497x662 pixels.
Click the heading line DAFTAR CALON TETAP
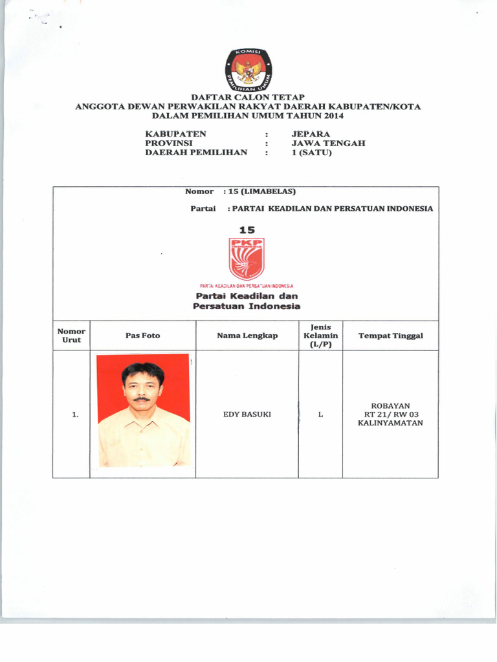click(248, 97)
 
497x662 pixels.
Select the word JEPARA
click(311, 134)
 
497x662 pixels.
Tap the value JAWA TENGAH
click(328, 144)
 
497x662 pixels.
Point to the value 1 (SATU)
click(311, 153)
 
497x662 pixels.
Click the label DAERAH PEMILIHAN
click(195, 153)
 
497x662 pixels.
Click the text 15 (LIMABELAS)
click(259, 192)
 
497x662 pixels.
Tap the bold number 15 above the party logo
click(247, 230)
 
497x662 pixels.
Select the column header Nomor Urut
click(71, 336)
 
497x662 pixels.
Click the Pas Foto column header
click(142, 336)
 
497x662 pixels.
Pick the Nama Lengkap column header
click(247, 336)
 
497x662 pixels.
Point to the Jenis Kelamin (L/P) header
click(320, 336)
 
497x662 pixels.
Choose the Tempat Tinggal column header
click(390, 336)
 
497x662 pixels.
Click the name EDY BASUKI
click(247, 414)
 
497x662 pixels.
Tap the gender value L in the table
click(320, 414)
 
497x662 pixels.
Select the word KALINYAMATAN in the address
click(390, 423)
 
